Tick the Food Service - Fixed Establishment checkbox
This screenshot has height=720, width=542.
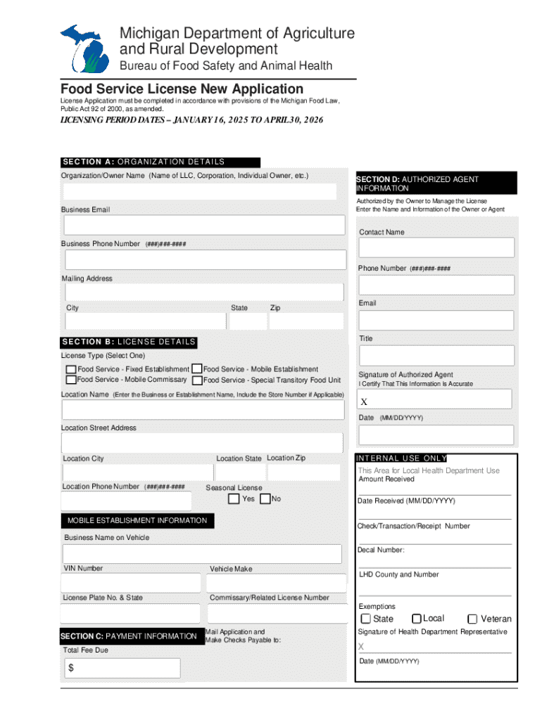pos(71,369)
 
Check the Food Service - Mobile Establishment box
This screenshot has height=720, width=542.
pos(197,368)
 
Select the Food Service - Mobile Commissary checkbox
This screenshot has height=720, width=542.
pos(71,380)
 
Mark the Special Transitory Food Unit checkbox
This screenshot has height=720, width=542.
pos(197,380)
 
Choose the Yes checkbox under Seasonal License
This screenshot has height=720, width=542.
pos(234,499)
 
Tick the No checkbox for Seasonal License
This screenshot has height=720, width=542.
pos(265,499)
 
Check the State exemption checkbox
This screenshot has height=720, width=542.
pos(366,619)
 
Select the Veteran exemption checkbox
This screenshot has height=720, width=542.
pos(473,619)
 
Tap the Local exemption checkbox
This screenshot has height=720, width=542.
pos(417,619)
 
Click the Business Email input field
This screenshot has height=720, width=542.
pos(204,225)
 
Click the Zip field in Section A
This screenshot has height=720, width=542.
pos(306,321)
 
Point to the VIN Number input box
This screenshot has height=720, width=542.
pos(131,583)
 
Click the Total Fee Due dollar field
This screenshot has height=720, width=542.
pos(123,668)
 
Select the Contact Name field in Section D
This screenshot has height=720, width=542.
pos(436,247)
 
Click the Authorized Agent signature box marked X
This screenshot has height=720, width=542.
pos(435,399)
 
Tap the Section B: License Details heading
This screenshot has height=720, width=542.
pos(129,342)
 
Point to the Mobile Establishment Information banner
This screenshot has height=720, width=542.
pos(137,521)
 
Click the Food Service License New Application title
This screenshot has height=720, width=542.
pos(182,89)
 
